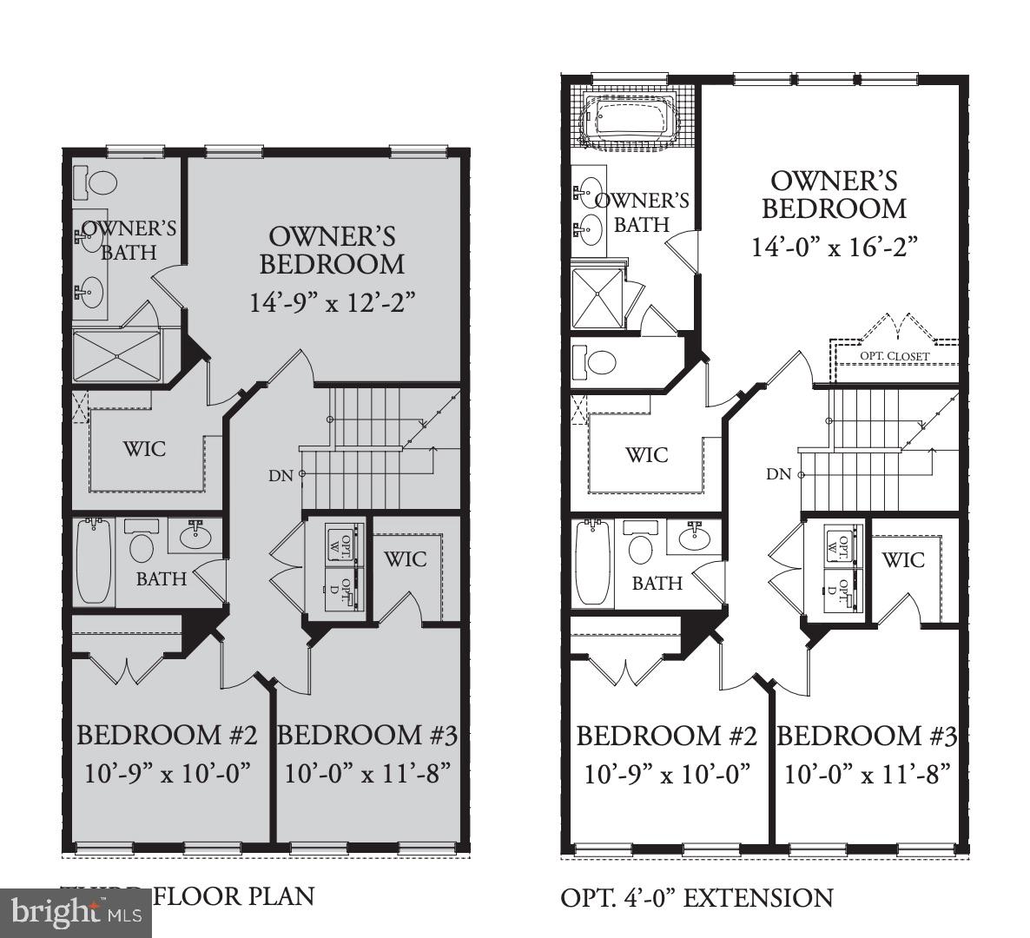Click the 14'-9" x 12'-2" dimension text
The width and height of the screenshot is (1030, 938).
333,302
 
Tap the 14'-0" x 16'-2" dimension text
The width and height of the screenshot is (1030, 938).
835,248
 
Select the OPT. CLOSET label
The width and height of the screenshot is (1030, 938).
895,356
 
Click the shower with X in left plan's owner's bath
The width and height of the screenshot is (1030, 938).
116,355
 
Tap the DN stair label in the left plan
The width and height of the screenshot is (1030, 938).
280,475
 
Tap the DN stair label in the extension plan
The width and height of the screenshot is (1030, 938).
778,474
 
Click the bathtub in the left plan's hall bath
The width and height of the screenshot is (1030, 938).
94,561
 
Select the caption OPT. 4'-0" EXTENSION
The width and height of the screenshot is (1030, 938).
697,898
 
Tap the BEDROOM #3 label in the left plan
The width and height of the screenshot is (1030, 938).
366,736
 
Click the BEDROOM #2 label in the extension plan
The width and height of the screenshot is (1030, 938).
666,737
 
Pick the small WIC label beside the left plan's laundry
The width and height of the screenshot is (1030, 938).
406,558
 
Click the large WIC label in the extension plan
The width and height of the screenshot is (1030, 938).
647,454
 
